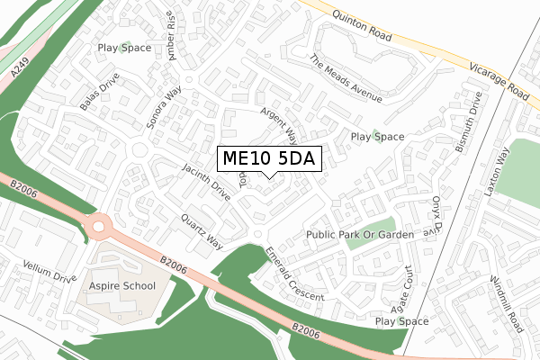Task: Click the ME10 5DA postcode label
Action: (267, 158)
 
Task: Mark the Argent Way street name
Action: (279, 125)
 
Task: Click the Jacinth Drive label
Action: (206, 182)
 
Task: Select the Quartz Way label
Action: (202, 230)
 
